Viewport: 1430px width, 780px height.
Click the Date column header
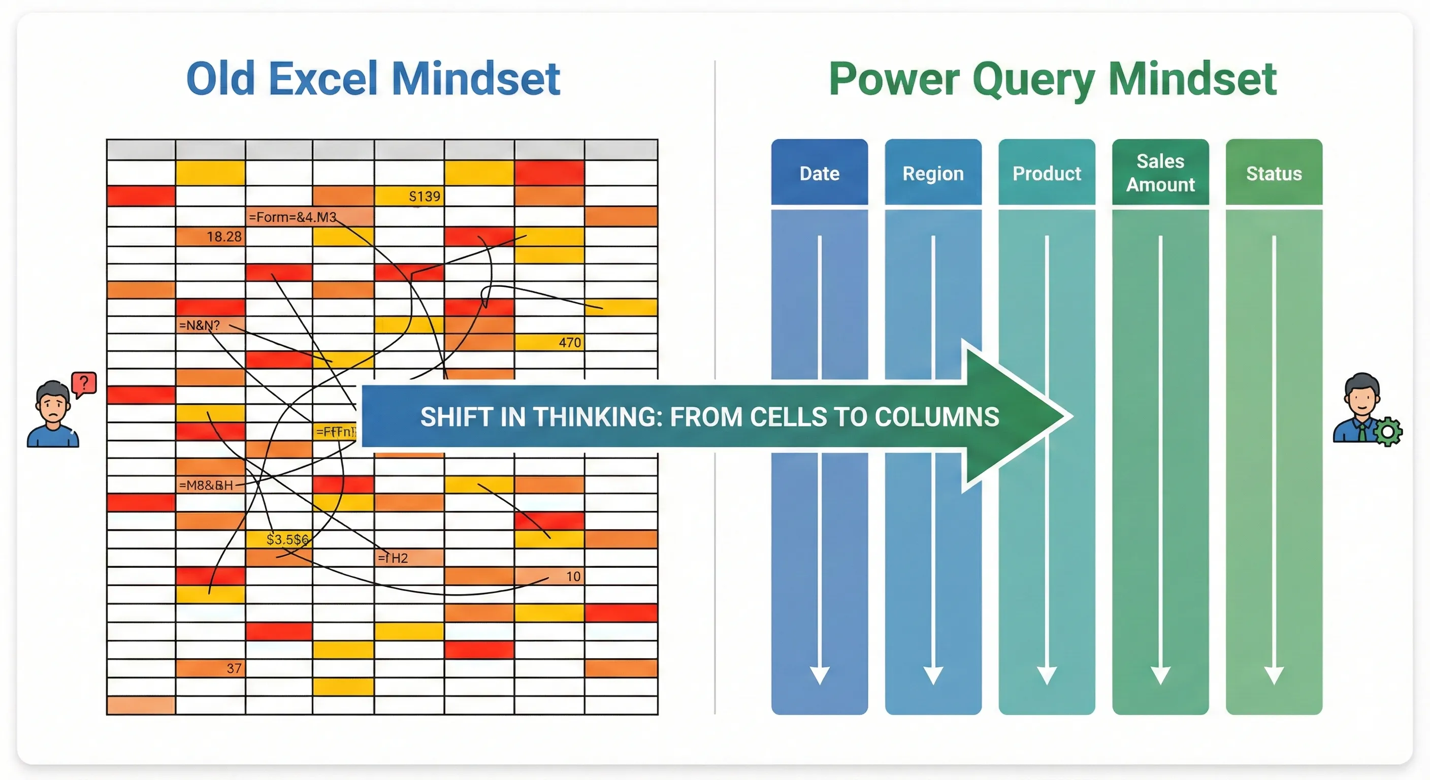820,173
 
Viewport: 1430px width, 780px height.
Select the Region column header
933,173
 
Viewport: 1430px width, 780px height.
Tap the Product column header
1047,173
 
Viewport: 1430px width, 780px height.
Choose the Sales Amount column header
1160,173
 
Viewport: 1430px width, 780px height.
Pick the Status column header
1274,173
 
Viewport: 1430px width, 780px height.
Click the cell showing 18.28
210,237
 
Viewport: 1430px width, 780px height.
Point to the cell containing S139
409,196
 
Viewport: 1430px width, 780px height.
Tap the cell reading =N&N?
210,325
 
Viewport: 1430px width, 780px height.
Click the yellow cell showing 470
549,342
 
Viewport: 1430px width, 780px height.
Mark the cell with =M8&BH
210,484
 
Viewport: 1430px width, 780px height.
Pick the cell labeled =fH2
409,558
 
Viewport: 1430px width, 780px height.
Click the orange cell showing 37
210,668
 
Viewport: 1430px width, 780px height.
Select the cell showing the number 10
549,576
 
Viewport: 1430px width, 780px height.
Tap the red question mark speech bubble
84,383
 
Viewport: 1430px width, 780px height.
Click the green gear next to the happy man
1388,431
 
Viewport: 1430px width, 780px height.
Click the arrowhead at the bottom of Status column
1274,674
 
